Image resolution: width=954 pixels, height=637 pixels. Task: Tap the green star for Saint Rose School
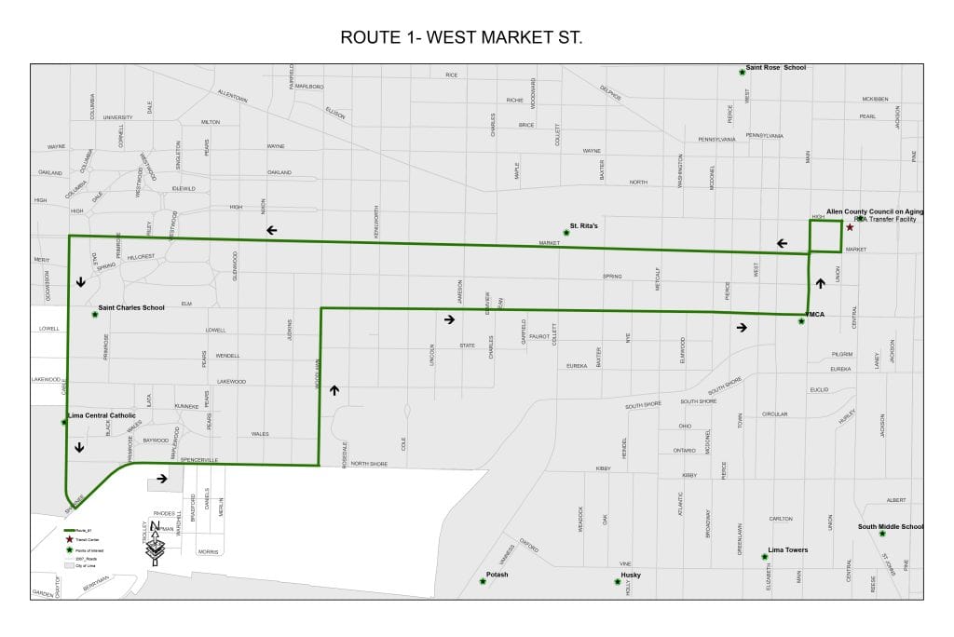tap(742, 72)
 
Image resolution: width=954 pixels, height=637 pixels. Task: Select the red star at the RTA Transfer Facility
tap(850, 227)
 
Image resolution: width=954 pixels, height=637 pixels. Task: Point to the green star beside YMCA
tap(801, 321)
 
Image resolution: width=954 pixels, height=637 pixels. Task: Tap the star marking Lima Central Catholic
tap(63, 422)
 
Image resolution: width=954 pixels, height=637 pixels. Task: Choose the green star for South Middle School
tap(882, 534)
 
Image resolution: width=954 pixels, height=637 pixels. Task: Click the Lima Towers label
tap(788, 550)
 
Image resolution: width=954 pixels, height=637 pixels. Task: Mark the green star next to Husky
tap(617, 582)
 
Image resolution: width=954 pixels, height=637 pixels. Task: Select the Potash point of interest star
tap(483, 581)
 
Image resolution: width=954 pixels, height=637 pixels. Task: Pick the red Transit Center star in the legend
tap(69, 540)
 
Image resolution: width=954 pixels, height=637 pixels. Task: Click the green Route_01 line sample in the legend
tap(69, 530)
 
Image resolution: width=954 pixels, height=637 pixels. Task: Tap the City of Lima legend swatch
tap(69, 565)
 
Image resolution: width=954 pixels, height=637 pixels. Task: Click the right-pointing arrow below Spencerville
tap(162, 479)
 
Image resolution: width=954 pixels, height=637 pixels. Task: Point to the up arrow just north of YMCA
tap(820, 283)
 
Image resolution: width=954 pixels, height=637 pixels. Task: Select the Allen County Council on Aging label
tap(875, 212)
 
